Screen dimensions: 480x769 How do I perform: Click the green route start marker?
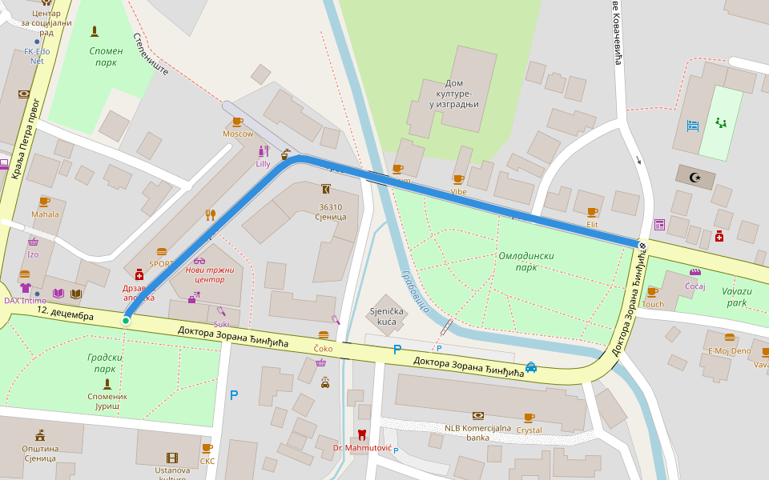[x=126, y=321]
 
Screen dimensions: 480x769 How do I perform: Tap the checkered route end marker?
[x=642, y=244]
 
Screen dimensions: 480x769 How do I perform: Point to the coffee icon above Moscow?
[x=237, y=122]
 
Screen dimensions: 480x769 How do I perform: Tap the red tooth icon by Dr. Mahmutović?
[x=361, y=435]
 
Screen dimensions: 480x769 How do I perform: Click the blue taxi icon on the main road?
[x=531, y=367]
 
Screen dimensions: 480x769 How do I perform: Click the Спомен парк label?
[x=107, y=57]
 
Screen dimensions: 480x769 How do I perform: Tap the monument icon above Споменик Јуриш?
[x=107, y=384]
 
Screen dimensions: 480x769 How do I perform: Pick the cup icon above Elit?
[x=592, y=212]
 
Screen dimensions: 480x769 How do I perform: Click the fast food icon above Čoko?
[x=324, y=336]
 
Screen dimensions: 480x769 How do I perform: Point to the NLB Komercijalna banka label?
[x=477, y=433]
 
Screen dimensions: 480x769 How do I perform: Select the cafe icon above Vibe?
[x=458, y=179]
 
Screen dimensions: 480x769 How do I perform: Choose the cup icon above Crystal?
[x=529, y=418]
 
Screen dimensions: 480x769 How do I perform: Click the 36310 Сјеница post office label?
[x=330, y=212]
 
